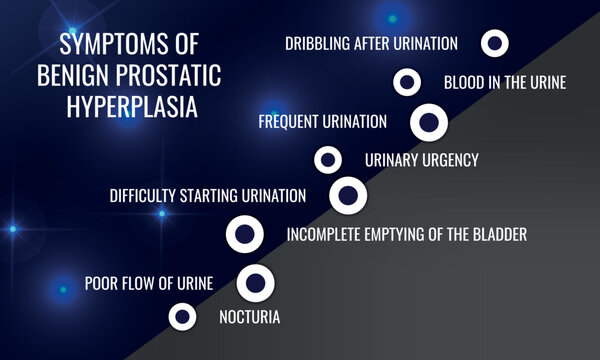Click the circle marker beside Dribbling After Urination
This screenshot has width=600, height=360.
click(495, 43)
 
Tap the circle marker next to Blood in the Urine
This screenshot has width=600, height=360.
click(406, 82)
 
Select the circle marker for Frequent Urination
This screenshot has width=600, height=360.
click(429, 122)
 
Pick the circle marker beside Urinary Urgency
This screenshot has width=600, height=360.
click(327, 159)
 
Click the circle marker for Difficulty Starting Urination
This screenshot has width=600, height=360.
click(348, 195)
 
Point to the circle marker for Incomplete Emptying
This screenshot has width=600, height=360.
click(245, 235)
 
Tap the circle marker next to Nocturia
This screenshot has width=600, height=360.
click(182, 317)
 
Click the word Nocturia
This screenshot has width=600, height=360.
click(249, 318)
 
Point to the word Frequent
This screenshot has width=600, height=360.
click(290, 122)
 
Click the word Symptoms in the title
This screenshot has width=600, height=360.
click(101, 45)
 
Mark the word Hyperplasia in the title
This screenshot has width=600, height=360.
click(127, 107)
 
